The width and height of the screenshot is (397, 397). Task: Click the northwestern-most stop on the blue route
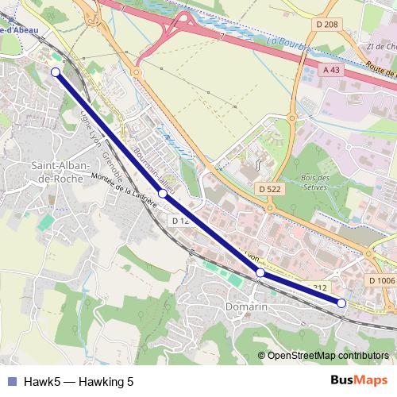pyautogui.click(x=56, y=72)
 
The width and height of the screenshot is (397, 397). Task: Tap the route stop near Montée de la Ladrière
pyautogui.click(x=162, y=194)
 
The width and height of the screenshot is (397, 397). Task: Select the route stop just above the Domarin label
pyautogui.click(x=260, y=272)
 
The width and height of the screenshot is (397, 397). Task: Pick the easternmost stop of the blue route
pyautogui.click(x=341, y=303)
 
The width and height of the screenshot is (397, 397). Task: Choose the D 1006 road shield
pyautogui.click(x=381, y=280)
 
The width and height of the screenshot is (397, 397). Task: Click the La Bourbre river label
pyautogui.click(x=288, y=41)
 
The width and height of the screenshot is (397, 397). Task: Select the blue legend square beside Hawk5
pyautogui.click(x=12, y=382)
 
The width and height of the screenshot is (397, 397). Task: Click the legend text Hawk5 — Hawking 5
pyautogui.click(x=78, y=382)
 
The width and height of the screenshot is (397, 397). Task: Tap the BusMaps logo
pyautogui.click(x=359, y=381)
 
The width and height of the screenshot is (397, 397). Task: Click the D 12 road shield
pyautogui.click(x=179, y=220)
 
